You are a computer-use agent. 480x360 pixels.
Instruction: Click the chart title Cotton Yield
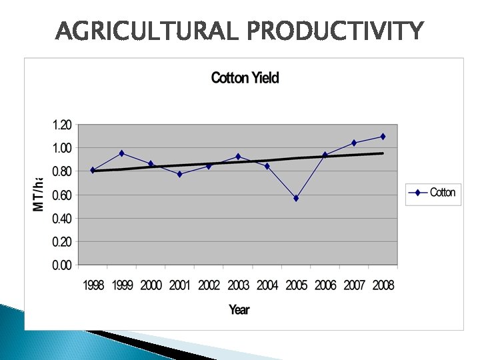[x=245, y=78]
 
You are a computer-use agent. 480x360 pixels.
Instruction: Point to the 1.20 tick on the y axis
[x=61, y=125]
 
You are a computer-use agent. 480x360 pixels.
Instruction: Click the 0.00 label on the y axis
[x=61, y=265]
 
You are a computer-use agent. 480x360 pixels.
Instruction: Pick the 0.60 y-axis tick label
[x=61, y=195]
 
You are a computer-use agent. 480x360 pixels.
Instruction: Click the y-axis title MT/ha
[x=39, y=194]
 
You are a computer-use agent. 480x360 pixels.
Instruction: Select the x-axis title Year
[x=239, y=309]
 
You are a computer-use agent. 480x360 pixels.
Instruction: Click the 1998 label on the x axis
[x=93, y=285]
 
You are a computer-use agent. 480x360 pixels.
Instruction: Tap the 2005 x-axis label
[x=296, y=285]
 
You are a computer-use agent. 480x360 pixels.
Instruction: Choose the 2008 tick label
[x=383, y=285]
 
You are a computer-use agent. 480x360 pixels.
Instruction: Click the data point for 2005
[x=296, y=198]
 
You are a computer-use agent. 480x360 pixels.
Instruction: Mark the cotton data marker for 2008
[x=383, y=137]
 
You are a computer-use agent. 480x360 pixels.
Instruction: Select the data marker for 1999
[x=121, y=153]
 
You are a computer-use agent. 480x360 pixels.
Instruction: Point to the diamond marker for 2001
[x=179, y=174]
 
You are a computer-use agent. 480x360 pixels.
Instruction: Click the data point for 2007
[x=354, y=143]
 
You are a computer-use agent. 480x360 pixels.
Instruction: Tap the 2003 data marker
[x=238, y=157]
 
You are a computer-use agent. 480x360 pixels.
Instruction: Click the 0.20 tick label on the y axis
[x=61, y=241]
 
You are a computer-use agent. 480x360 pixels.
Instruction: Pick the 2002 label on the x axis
[x=209, y=285]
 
